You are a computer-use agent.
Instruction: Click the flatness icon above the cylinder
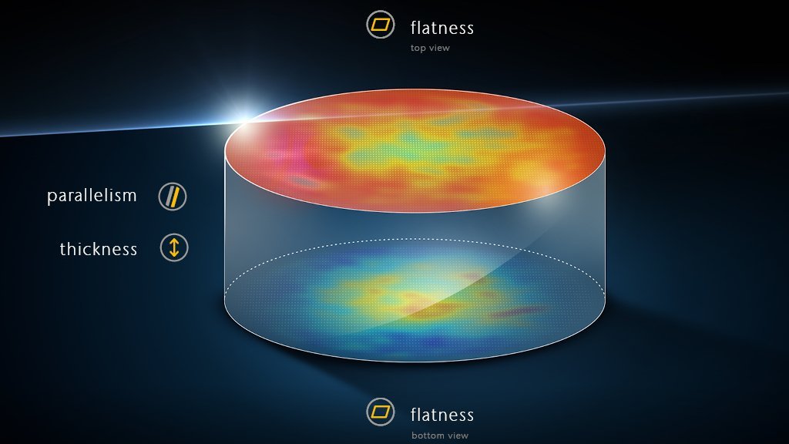click(379, 24)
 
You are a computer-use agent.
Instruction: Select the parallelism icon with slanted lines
click(173, 197)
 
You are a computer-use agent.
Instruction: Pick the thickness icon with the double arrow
click(174, 247)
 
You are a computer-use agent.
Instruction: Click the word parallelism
click(92, 196)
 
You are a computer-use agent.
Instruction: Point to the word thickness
click(98, 249)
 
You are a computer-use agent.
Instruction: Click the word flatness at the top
click(442, 29)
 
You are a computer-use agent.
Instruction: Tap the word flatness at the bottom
click(442, 415)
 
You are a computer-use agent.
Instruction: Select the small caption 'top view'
click(430, 48)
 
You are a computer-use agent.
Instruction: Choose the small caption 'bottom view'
click(440, 436)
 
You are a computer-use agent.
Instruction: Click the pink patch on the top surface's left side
click(289, 162)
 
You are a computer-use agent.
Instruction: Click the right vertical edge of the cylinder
click(606, 231)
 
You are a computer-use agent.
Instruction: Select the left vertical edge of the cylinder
click(225, 231)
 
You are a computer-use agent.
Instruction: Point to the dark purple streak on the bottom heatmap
click(516, 312)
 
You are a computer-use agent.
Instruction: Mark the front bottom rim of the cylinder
click(416, 362)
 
